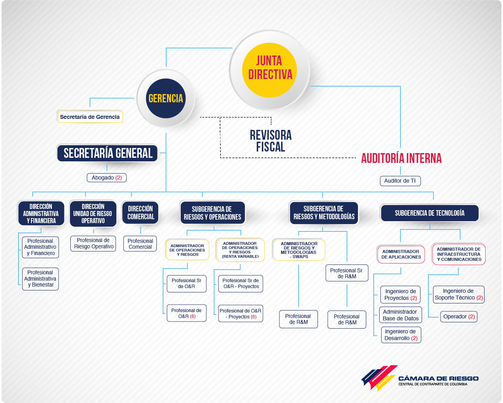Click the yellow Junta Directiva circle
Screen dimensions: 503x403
coord(270,70)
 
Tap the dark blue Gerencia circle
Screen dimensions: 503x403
coord(166,98)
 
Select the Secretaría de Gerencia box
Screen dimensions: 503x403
coord(90,116)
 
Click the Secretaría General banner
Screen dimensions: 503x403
coord(107,153)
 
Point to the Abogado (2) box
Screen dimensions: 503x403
coord(106,177)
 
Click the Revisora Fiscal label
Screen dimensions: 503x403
coord(271,141)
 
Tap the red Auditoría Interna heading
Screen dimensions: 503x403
coord(401,158)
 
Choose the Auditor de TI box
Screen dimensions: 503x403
coord(400,181)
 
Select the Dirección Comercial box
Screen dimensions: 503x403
coord(140,213)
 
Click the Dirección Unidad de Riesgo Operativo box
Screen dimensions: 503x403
coord(93,213)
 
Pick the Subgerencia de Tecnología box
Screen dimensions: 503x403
coord(430,213)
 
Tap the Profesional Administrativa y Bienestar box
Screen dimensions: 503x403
coord(40,279)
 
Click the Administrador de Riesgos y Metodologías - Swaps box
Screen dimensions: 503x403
coord(299,250)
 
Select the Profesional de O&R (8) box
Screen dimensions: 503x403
coord(187,313)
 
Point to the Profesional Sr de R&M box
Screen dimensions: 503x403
coord(347,273)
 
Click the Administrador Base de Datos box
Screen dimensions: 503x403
coord(400,315)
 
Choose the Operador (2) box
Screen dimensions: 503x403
coord(459,316)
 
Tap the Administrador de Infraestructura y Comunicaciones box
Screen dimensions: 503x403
coord(459,254)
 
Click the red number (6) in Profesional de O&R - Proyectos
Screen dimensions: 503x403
coord(253,317)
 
